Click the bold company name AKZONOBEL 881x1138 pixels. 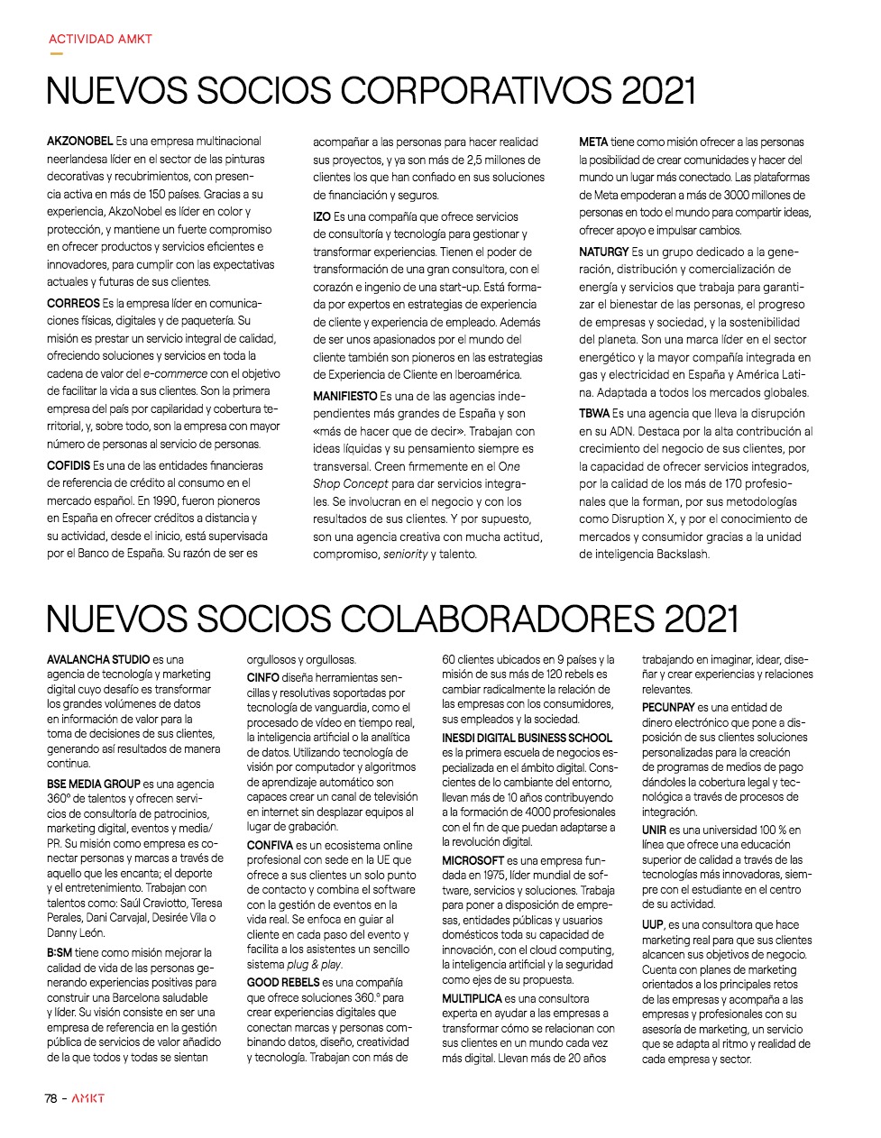click(80, 142)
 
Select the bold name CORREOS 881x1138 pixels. click(73, 304)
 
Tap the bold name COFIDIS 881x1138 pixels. click(69, 466)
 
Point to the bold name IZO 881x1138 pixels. click(322, 217)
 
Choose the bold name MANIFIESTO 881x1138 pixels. click(345, 397)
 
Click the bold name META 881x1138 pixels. click(593, 142)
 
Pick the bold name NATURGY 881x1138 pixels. click(604, 252)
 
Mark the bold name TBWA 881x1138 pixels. click(594, 414)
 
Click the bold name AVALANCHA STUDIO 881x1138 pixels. click(98, 660)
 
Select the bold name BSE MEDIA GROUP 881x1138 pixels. click(94, 785)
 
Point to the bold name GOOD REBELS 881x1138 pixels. click(283, 983)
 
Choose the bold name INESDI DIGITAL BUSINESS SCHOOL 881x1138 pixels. click(527, 738)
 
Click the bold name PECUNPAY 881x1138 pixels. click(667, 708)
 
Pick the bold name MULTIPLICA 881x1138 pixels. click(471, 999)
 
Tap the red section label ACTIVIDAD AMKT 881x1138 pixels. click(100, 40)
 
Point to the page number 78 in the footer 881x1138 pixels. click(51, 1098)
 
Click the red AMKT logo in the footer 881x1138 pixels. click(88, 1098)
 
